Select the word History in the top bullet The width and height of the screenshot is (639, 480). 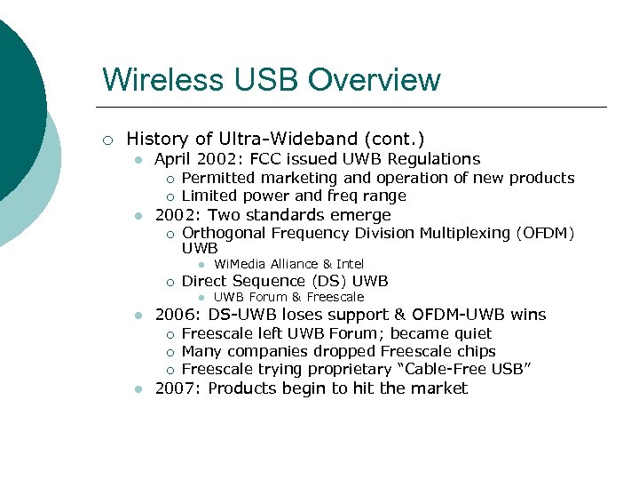pyautogui.click(x=156, y=139)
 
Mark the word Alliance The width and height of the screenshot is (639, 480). pyautogui.click(x=290, y=264)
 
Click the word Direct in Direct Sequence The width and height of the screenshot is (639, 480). pyautogui.click(x=205, y=281)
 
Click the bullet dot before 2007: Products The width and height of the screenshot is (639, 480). pyautogui.click(x=138, y=389)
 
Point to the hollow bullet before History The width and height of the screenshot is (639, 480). pyautogui.click(x=107, y=140)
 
